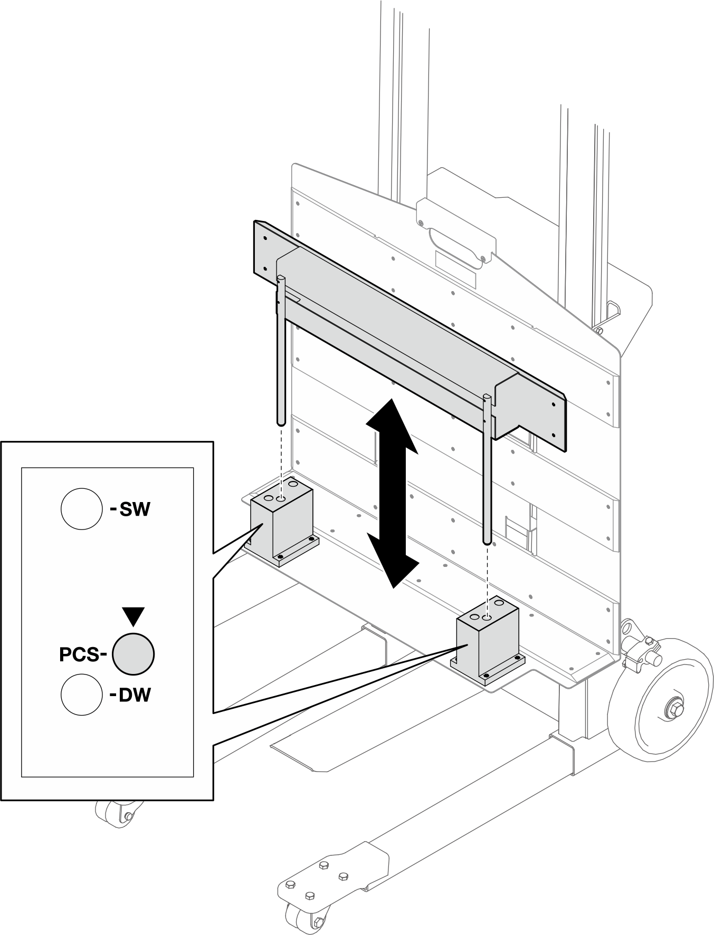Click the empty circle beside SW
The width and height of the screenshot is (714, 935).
[x=81, y=509]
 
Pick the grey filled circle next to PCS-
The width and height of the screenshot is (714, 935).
[x=133, y=654]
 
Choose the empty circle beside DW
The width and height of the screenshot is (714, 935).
[x=81, y=695]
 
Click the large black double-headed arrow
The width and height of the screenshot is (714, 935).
[x=392, y=493]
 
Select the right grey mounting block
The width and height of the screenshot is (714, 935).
[x=487, y=643]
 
